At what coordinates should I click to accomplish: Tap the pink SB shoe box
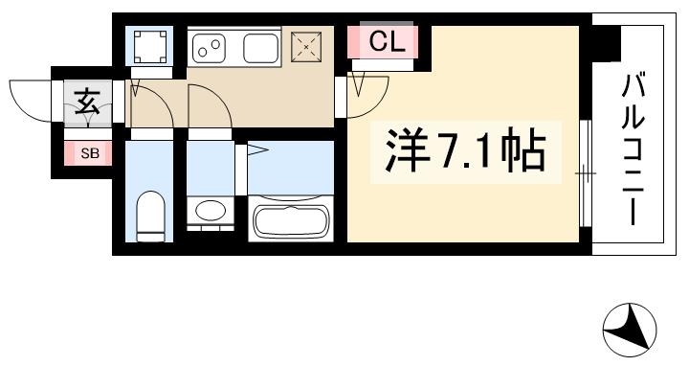[87, 152]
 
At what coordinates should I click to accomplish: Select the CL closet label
[388, 41]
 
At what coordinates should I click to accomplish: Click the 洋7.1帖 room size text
[465, 150]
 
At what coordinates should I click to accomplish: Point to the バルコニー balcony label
[633, 149]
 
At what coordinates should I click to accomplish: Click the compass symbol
[629, 329]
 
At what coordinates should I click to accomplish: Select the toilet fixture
[151, 217]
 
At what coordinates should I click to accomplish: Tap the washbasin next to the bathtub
[211, 211]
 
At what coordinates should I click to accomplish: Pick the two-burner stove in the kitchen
[211, 45]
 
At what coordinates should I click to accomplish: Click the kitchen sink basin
[260, 45]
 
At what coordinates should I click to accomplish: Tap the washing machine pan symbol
[149, 46]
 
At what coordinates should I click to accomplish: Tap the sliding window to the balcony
[584, 172]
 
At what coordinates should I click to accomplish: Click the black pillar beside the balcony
[603, 42]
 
